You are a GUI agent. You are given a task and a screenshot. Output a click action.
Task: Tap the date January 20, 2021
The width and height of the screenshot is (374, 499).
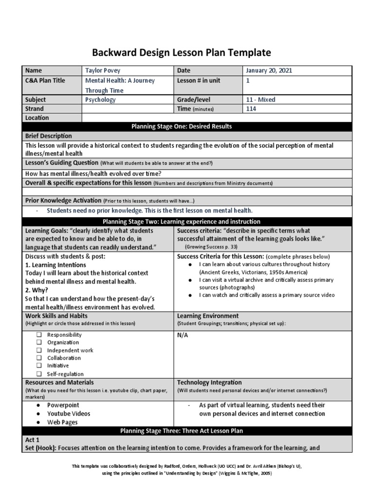[269, 71]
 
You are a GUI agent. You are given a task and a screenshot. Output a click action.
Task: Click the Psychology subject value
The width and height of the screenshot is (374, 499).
[101, 100]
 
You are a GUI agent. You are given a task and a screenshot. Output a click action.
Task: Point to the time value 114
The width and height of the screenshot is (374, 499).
[251, 109]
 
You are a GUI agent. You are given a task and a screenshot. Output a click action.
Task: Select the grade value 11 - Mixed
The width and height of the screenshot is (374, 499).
[261, 100]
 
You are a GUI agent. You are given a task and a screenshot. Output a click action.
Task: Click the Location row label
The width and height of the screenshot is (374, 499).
[37, 117]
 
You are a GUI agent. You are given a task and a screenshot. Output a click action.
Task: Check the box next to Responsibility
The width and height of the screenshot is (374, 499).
[38, 335]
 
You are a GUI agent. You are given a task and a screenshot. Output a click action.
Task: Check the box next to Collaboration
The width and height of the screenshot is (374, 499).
[38, 358]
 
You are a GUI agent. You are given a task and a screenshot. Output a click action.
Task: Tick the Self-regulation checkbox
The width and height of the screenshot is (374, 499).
[38, 374]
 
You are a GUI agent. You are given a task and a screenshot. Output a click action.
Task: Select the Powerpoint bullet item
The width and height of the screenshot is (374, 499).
[63, 405]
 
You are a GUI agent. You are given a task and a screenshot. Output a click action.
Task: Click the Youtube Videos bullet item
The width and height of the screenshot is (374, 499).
[68, 414]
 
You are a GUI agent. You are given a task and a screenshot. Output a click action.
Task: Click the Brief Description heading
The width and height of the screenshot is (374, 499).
[48, 136]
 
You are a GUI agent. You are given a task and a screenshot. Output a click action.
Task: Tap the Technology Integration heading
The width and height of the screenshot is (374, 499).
[209, 383]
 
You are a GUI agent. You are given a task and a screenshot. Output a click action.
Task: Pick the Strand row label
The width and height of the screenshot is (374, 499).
[34, 109]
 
